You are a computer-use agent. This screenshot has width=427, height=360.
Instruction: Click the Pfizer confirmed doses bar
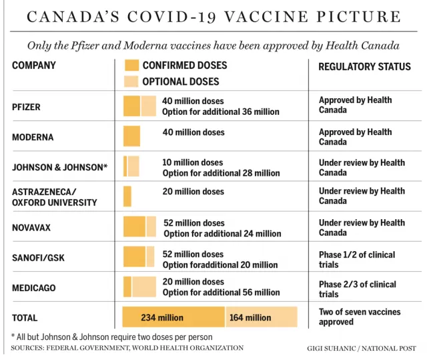132,106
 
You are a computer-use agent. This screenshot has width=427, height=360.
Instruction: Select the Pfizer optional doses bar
149,106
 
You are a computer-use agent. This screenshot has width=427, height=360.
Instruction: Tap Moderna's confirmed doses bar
132,136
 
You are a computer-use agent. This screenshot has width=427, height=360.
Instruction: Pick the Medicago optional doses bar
144,287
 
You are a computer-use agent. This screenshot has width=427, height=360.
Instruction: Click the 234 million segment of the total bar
173,317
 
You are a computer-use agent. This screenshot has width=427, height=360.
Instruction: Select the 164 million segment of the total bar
262,317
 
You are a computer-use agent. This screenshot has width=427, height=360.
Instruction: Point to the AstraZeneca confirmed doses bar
127,196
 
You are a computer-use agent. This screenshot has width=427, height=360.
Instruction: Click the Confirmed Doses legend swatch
131,65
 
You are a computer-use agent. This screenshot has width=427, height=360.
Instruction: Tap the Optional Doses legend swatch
131,81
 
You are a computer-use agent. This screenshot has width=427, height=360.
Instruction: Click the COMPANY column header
34,65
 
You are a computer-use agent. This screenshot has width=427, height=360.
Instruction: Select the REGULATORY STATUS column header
365,67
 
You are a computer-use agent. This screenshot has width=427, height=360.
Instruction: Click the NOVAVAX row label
31,228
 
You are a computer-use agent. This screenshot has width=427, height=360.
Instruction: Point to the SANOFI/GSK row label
39,258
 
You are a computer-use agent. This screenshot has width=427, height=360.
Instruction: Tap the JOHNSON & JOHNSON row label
60,167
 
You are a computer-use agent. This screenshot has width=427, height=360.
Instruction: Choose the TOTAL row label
25,318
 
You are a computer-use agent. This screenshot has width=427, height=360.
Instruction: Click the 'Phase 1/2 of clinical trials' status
357,259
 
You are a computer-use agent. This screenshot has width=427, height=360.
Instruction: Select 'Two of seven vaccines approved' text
360,317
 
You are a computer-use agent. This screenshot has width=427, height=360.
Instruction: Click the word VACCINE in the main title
267,17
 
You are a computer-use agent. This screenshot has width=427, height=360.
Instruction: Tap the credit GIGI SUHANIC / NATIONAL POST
362,348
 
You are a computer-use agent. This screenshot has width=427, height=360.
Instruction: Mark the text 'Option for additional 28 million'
221,173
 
